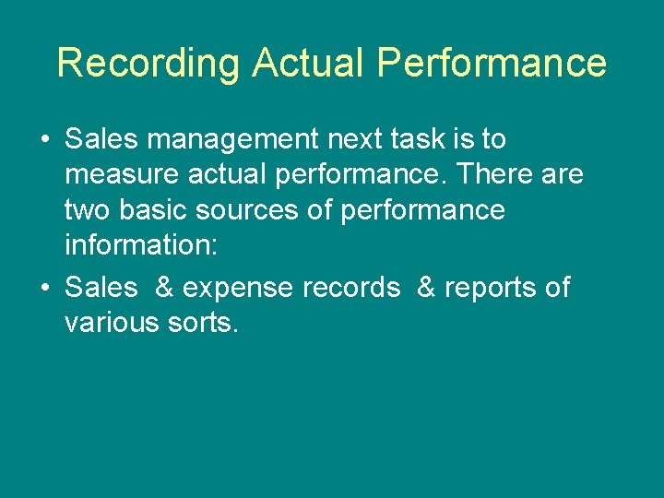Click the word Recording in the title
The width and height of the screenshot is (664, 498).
tap(148, 64)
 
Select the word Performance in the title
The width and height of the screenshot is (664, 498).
tap(492, 64)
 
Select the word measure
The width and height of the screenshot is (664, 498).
tap(120, 175)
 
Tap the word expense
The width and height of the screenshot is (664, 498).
tap(238, 288)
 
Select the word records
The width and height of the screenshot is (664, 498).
tap(352, 288)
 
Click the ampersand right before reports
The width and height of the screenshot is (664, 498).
tap(427, 288)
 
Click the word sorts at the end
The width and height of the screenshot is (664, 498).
tap(201, 323)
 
